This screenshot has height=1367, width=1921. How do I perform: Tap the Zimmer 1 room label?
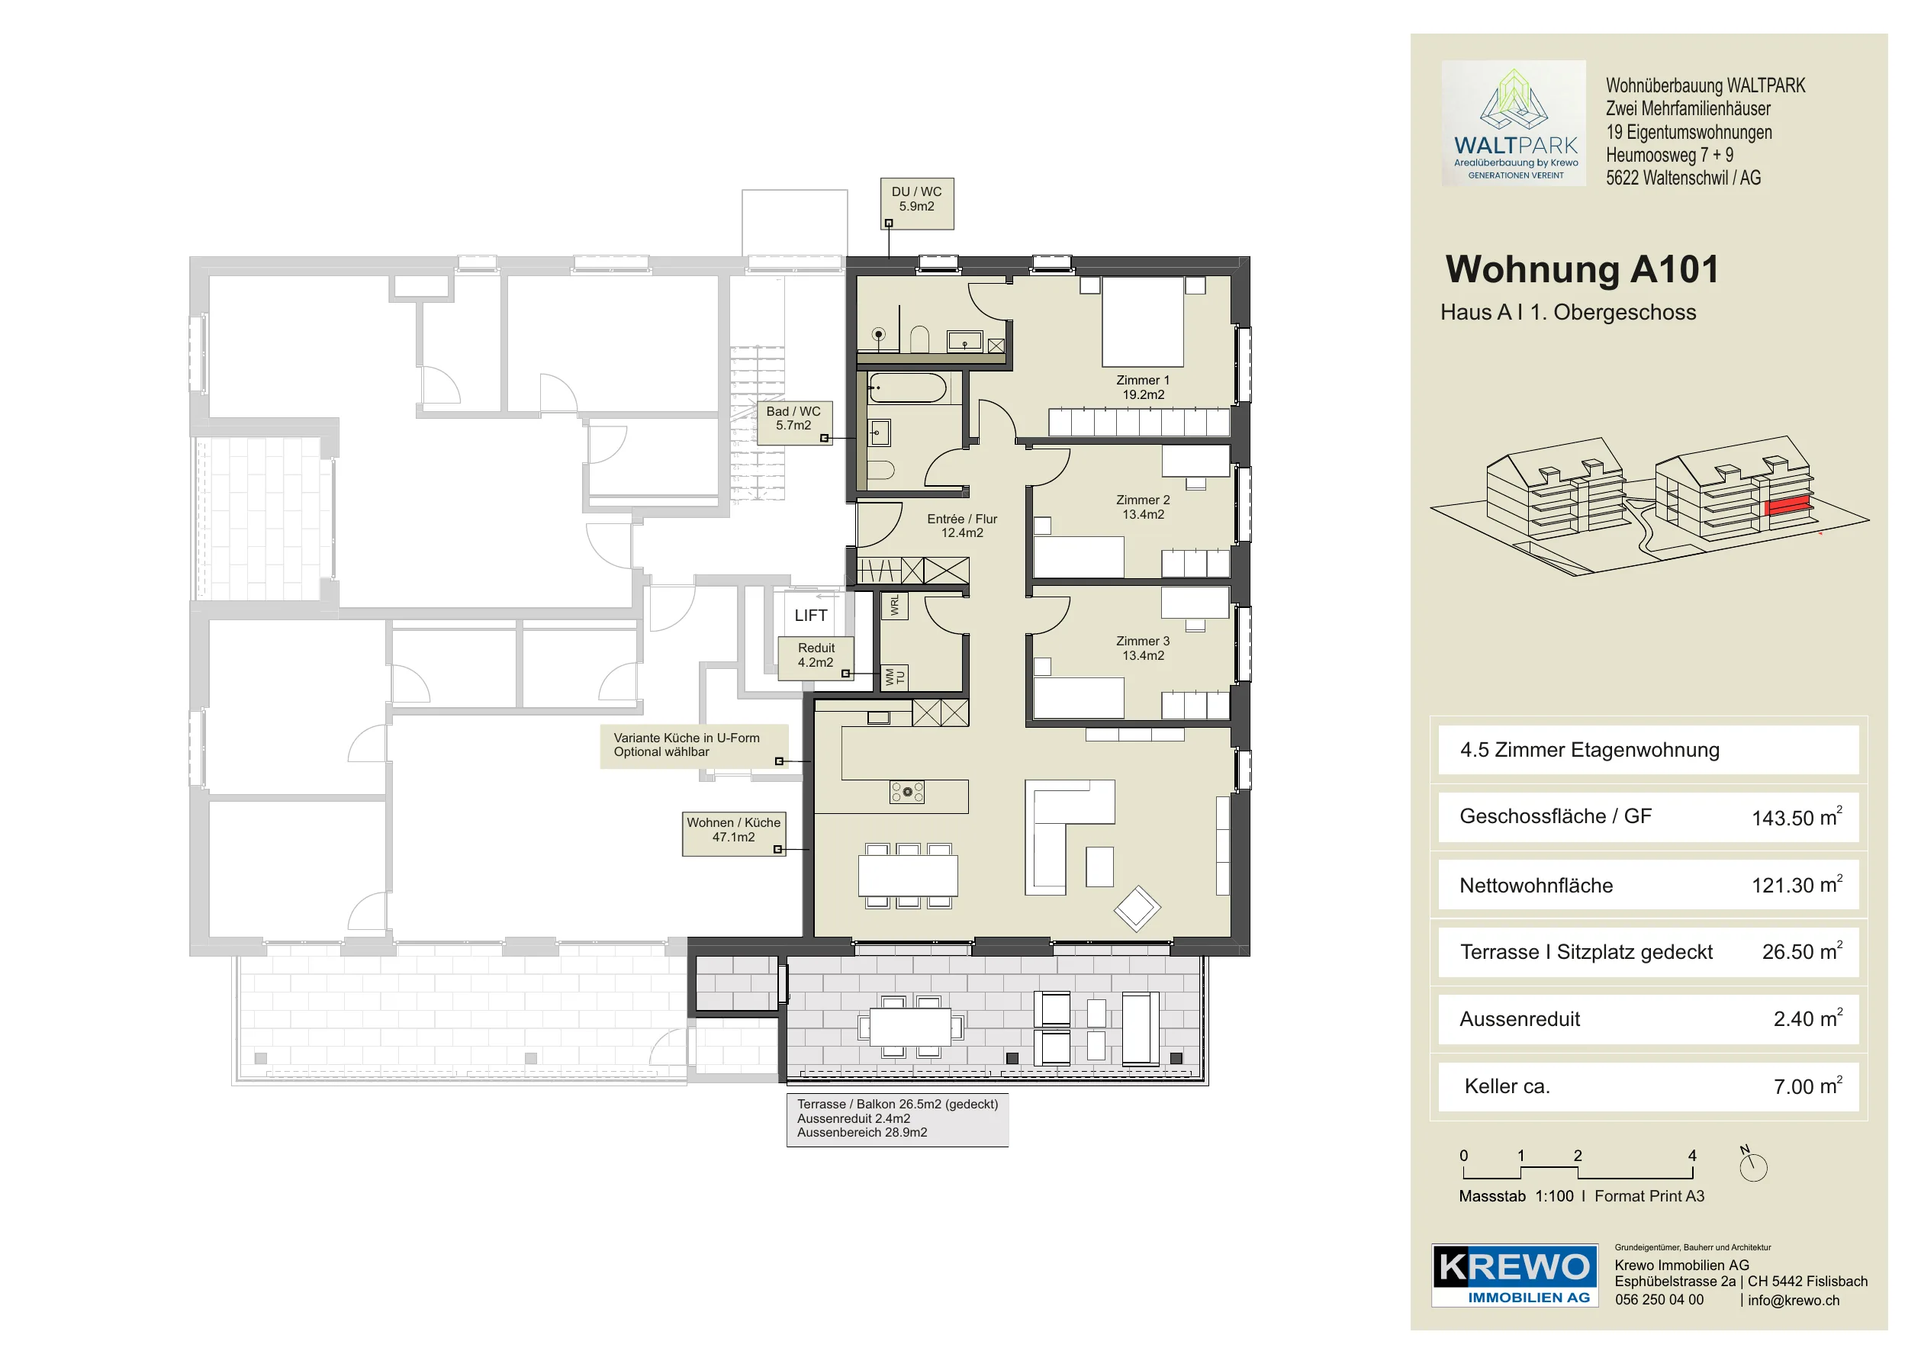point(1142,388)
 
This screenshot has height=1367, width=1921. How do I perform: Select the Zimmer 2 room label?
point(1142,507)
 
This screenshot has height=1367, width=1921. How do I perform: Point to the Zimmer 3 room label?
point(1142,648)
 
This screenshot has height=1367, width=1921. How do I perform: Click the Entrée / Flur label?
point(961,526)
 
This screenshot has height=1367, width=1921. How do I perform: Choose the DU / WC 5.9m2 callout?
point(917,203)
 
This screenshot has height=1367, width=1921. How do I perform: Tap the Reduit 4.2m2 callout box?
point(816,657)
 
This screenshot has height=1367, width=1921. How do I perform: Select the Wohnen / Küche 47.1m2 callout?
point(733,832)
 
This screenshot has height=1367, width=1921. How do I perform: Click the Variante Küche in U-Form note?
point(693,746)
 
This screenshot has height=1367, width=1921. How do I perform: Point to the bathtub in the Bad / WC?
point(907,388)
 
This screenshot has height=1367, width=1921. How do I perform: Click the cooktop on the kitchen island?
point(907,792)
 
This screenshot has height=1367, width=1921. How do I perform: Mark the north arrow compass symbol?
point(1752,1165)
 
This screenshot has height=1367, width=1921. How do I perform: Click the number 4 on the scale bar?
point(1692,1156)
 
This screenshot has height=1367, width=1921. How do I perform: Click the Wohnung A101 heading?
point(1582,269)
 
